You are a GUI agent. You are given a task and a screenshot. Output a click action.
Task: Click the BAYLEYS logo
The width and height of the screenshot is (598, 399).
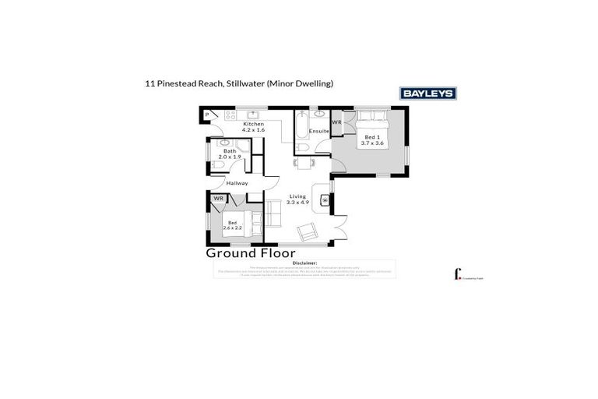pyautogui.click(x=427, y=94)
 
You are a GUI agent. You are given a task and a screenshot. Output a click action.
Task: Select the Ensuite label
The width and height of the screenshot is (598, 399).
pyautogui.click(x=319, y=131)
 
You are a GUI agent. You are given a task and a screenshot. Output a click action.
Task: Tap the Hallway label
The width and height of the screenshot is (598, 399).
pyautogui.click(x=237, y=183)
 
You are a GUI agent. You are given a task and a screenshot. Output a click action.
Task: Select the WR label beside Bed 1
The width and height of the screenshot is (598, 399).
pyautogui.click(x=337, y=122)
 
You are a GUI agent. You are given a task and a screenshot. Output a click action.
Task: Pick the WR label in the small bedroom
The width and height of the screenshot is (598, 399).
pyautogui.click(x=219, y=199)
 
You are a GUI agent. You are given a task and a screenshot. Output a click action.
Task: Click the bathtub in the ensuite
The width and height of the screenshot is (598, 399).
pyautogui.click(x=301, y=128)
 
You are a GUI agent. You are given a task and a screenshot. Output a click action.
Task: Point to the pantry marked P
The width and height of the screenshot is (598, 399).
pyautogui.click(x=208, y=115)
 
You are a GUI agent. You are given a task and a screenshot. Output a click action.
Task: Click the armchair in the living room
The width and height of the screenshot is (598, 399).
pyautogui.click(x=308, y=231)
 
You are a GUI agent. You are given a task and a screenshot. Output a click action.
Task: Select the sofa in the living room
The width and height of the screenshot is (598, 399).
pyautogui.click(x=273, y=212)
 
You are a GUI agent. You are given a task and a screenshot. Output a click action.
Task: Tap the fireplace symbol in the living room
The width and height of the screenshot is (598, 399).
pyautogui.click(x=325, y=198)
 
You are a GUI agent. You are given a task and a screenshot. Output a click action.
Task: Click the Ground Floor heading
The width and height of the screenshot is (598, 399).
pyautogui.click(x=250, y=253)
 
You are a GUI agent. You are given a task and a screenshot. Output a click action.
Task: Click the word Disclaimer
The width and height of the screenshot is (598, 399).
pyautogui.click(x=304, y=263)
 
